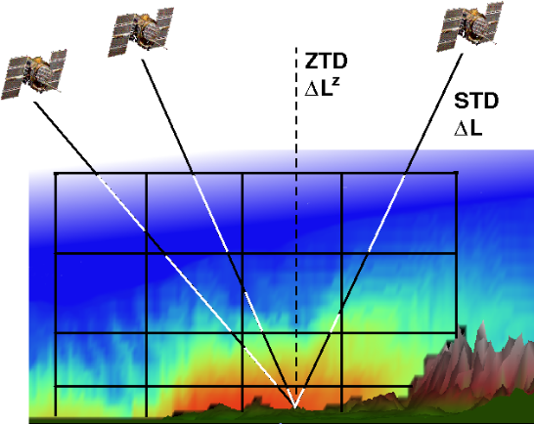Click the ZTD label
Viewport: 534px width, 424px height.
(326, 62)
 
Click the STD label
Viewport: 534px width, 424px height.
(476, 101)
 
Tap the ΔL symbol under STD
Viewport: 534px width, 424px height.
(468, 129)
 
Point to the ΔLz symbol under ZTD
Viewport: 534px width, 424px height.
(322, 88)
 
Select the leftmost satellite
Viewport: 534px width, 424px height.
(34, 74)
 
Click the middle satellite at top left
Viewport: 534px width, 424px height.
(141, 31)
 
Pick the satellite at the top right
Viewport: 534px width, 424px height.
(470, 26)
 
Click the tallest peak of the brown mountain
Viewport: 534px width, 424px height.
(483, 322)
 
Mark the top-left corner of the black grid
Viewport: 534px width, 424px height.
(56, 174)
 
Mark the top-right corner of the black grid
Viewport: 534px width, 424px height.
(456, 174)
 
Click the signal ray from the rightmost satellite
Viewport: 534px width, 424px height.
(378, 231)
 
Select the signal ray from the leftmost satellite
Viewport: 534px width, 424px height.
(164, 254)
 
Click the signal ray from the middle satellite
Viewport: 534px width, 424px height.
(218, 233)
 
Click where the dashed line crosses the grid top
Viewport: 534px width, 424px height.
(296, 174)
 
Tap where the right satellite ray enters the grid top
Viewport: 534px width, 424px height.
(405, 174)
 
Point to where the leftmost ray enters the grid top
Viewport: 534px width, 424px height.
(97, 174)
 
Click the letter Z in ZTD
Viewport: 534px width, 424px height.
(311, 62)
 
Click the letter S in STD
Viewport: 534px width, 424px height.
(461, 101)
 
